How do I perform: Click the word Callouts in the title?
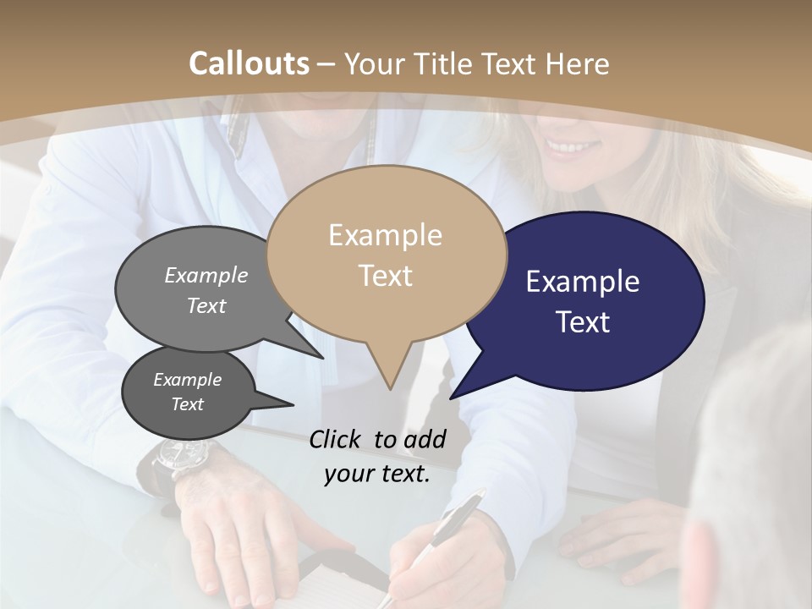249,64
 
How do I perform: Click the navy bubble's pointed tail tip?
451,398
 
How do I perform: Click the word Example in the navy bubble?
582,282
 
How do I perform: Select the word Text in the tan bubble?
386,276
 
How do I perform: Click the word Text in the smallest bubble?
188,404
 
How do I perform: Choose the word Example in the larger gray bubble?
206,276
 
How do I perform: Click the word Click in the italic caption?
337,439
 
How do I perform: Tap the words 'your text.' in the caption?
377,474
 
